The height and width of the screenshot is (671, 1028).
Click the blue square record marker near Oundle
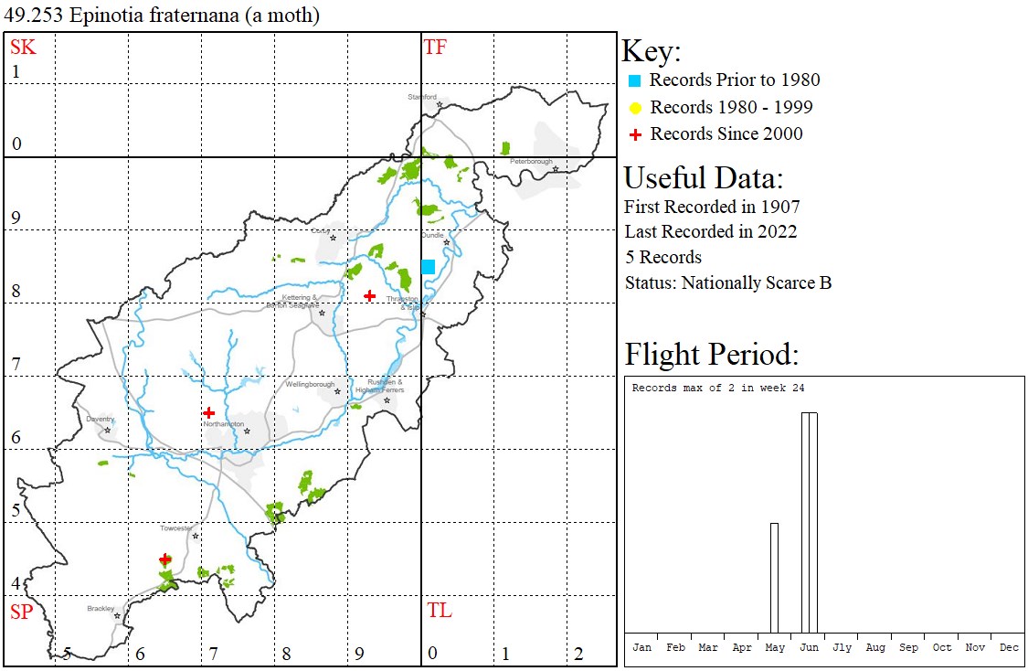click(428, 266)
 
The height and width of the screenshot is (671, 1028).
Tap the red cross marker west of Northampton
click(209, 413)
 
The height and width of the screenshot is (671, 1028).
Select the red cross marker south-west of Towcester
click(164, 559)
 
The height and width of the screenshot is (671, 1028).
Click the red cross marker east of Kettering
click(369, 295)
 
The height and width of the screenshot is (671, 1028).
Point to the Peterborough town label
click(531, 162)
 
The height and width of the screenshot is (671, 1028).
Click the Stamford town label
click(422, 96)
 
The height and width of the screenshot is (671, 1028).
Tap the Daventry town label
click(101, 419)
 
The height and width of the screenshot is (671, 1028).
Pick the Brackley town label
click(101, 608)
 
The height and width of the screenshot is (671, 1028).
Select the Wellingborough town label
click(310, 385)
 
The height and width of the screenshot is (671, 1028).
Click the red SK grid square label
click(23, 48)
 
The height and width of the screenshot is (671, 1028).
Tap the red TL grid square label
click(439, 611)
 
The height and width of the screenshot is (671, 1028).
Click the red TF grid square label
click(435, 48)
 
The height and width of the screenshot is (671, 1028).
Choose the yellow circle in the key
click(635, 108)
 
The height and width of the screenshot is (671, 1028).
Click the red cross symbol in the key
click(635, 134)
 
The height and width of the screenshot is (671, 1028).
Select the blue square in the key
click(635, 80)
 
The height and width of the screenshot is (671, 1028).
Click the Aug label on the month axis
click(874, 647)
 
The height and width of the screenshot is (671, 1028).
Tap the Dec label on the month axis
click(1008, 647)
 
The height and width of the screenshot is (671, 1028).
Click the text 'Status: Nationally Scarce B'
click(727, 282)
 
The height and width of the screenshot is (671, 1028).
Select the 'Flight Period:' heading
click(711, 354)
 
